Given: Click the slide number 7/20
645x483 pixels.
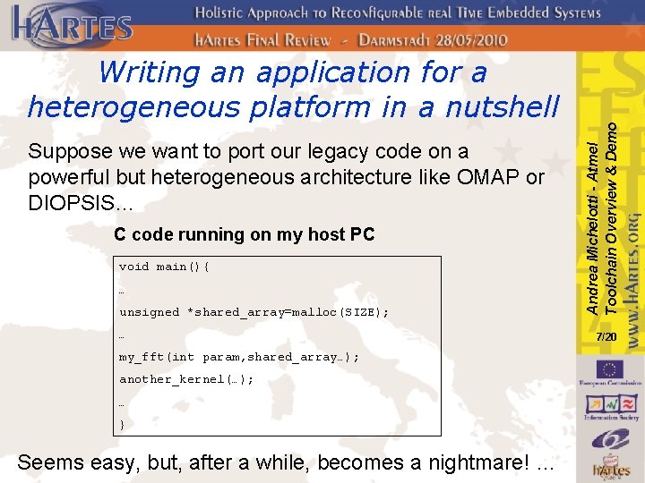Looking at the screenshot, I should tap(606, 336).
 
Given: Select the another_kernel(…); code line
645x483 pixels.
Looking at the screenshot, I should tap(186, 379).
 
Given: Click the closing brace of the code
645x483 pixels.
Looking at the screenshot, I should tap(123, 425).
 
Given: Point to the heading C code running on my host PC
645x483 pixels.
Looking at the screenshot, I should tap(244, 234).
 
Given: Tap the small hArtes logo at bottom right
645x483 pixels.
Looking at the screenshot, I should tap(615, 469).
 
